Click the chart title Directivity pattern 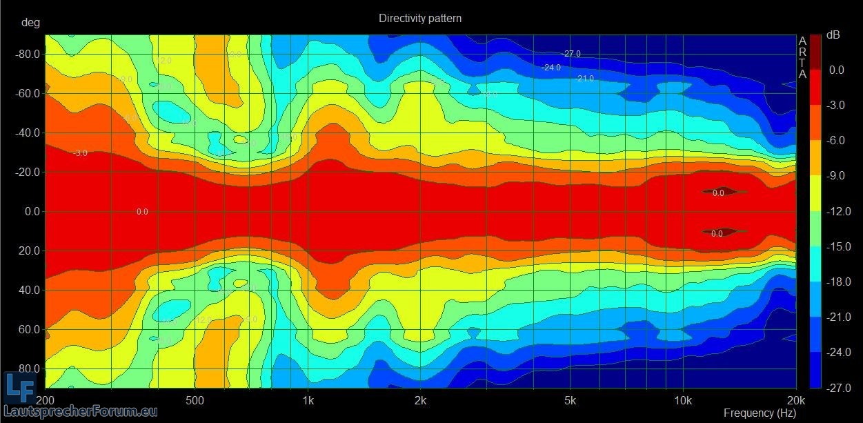pos(419,19)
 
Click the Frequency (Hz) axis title pos(760,413)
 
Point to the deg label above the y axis pos(31,23)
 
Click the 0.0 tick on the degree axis pos(32,211)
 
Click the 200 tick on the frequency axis pos(46,400)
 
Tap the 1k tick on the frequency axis pos(308,400)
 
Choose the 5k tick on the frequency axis pos(570,400)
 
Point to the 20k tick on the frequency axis pos(795,400)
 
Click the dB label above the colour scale pos(834,35)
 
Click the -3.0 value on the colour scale pos(836,105)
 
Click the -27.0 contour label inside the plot pos(571,54)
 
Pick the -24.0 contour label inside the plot pos(550,68)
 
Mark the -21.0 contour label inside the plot pos(584,79)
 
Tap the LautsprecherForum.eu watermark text pos(81,412)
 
